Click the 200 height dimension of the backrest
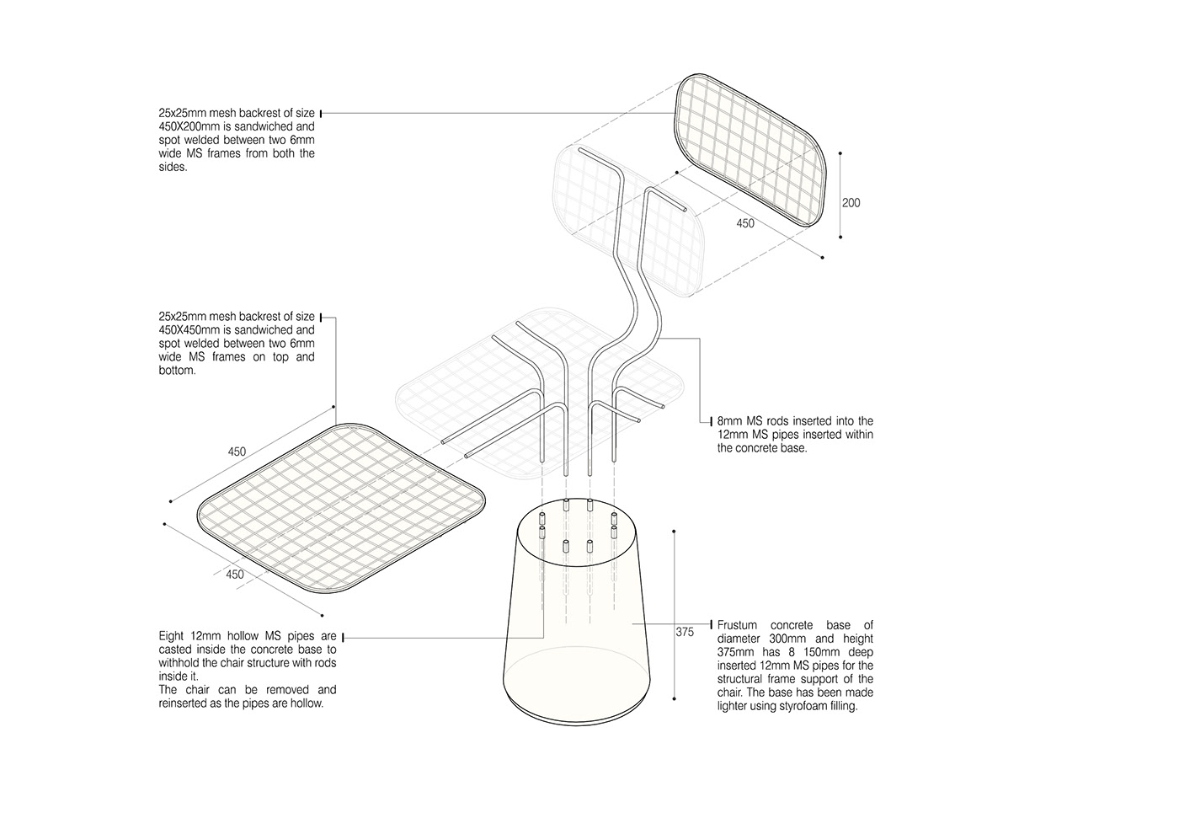pos(851,203)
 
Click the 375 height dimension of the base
pos(685,632)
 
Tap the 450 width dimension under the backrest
pos(745,223)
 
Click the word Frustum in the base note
pos(738,625)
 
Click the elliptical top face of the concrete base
pos(578,533)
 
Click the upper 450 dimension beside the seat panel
pos(237,452)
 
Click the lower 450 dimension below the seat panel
pos(235,575)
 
